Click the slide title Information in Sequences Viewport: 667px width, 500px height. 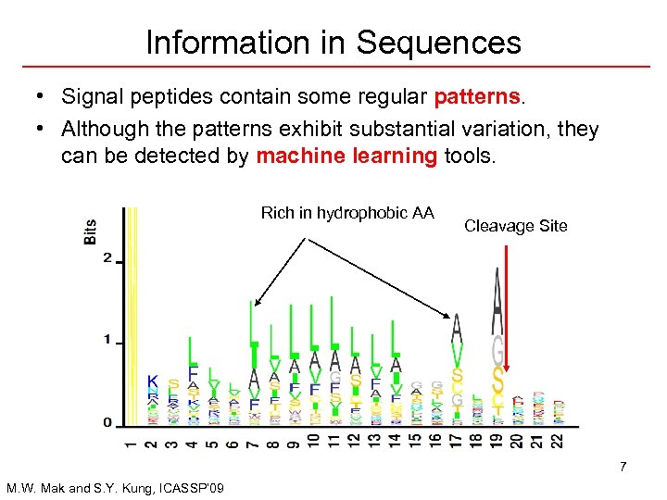[333, 42]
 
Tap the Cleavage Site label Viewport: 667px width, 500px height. [515, 226]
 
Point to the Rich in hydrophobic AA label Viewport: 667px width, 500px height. [347, 213]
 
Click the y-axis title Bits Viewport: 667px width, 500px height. [90, 231]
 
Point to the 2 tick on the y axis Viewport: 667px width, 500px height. [107, 258]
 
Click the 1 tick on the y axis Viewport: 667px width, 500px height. [107, 340]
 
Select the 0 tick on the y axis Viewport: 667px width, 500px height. [107, 422]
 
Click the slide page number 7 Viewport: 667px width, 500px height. [623, 466]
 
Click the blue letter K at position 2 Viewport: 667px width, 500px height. [153, 381]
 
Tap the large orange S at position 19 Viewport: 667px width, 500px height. [498, 381]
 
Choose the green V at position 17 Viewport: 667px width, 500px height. [457, 356]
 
